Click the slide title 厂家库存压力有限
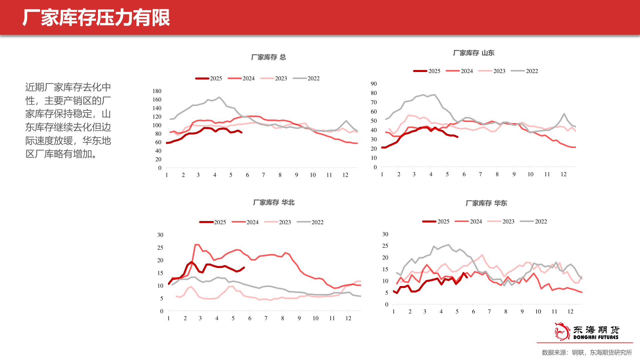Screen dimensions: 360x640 coord(96,18)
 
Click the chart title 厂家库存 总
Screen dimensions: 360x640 coord(268,57)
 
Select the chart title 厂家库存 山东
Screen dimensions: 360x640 coord(473,53)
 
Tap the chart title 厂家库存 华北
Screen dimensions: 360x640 coord(274,203)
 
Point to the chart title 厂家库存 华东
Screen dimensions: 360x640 coord(486,203)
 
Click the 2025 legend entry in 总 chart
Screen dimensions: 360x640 coord(209,78)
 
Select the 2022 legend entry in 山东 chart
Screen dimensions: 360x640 coord(525,71)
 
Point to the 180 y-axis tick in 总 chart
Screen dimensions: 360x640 coord(157,91)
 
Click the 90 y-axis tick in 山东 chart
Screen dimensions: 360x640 coord(374,84)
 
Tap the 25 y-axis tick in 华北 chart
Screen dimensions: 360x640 coord(160,248)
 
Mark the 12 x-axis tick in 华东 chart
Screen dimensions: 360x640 coord(570,312)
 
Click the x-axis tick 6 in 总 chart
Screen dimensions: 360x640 coord(247,175)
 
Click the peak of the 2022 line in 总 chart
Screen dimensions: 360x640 coord(219,97)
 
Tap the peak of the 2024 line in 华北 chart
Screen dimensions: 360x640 coord(197,245)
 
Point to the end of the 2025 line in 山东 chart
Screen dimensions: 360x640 coord(457,137)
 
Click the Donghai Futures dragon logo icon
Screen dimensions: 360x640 coord(562,331)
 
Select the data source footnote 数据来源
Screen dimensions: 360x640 coord(587,353)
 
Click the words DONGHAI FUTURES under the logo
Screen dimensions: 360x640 coord(596,337)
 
